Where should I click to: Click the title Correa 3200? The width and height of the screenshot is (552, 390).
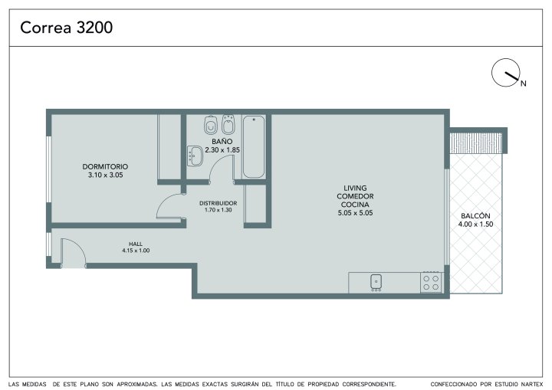pyautogui.click(x=66, y=28)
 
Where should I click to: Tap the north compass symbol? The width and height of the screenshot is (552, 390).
pyautogui.click(x=506, y=73)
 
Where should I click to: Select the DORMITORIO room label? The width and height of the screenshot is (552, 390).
pyautogui.click(x=105, y=166)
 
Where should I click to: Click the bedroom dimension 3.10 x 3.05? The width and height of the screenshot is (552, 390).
pyautogui.click(x=105, y=175)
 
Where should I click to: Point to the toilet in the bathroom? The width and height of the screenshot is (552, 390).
pyautogui.click(x=211, y=125)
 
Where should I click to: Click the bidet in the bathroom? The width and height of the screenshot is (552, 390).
pyautogui.click(x=228, y=124)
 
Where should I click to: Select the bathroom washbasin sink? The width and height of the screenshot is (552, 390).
pyautogui.click(x=195, y=156)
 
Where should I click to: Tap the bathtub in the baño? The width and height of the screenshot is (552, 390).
pyautogui.click(x=254, y=146)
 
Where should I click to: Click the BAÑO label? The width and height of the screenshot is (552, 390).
pyautogui.click(x=222, y=141)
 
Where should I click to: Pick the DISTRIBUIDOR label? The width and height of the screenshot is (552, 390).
pyautogui.click(x=219, y=203)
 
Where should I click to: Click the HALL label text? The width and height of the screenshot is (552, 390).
pyautogui.click(x=136, y=244)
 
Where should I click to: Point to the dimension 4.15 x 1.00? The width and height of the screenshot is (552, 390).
pyautogui.click(x=136, y=251)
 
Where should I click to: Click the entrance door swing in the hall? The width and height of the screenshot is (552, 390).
pyautogui.click(x=74, y=253)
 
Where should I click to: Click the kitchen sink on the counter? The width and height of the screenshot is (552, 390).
pyautogui.click(x=376, y=282)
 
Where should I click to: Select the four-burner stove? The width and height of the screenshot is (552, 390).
pyautogui.click(x=431, y=282)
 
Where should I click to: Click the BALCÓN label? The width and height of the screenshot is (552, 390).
pyautogui.click(x=475, y=216)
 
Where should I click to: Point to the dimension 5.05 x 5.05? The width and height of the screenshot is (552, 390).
pyautogui.click(x=355, y=213)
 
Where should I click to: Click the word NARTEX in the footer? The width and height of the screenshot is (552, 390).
pyautogui.click(x=532, y=384)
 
